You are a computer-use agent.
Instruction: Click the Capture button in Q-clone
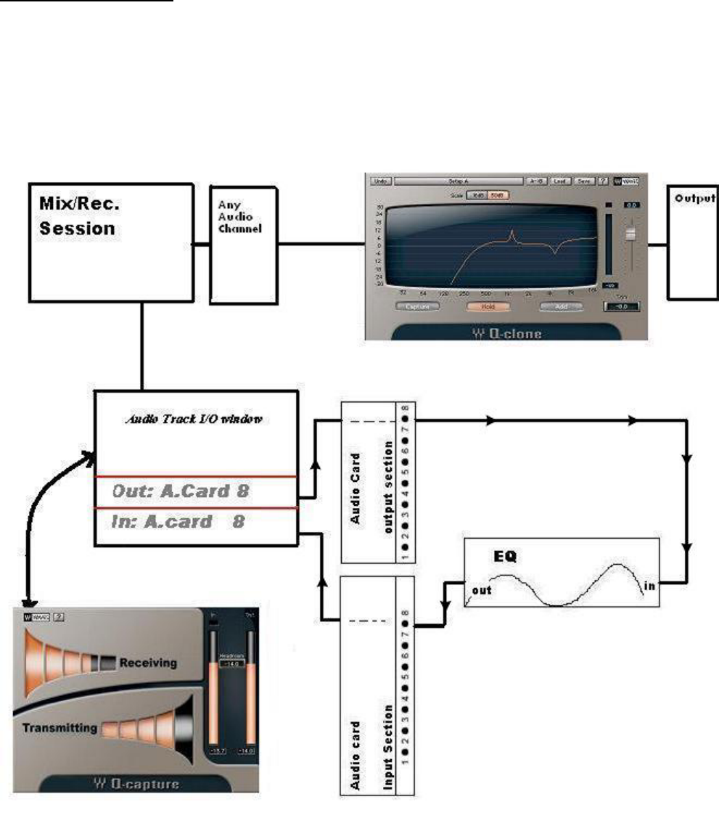point(418,306)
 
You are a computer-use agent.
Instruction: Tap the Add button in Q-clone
point(562,306)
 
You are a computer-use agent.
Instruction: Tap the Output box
point(692,242)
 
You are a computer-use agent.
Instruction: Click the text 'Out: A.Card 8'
point(182,491)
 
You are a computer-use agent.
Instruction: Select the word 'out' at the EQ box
point(481,589)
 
